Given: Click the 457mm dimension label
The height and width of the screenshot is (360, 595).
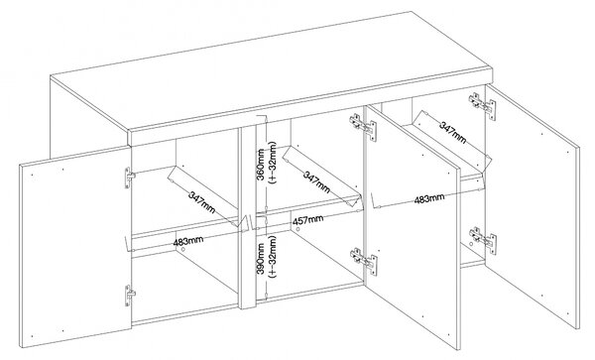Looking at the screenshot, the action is point(307,220).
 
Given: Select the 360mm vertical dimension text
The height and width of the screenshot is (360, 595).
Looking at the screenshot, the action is point(261,165).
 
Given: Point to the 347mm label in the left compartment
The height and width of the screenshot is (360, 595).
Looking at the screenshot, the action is point(201,202).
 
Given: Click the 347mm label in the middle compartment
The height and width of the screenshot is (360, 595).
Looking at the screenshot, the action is point(316,181).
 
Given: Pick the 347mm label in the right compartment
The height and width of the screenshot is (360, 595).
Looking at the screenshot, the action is point(452,132).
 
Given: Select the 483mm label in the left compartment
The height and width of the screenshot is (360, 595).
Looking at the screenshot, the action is point(188,241).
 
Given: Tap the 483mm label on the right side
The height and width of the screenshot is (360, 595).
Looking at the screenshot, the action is point(428,198).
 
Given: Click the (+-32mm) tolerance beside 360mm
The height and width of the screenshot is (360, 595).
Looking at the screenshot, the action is point(273,163).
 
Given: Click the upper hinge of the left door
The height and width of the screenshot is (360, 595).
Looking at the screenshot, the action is point(130,178).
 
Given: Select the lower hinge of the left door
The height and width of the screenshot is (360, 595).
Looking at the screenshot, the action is point(130,296).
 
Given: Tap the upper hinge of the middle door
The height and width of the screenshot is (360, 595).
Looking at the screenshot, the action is point(363,127).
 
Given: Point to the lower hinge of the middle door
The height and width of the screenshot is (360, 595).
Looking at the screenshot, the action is point(364,262).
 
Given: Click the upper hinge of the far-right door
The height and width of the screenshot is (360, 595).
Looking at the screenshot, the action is point(482,106).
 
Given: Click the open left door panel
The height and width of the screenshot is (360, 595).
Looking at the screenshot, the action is point(75,247).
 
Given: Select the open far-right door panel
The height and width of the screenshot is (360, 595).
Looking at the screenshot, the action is point(533,207).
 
